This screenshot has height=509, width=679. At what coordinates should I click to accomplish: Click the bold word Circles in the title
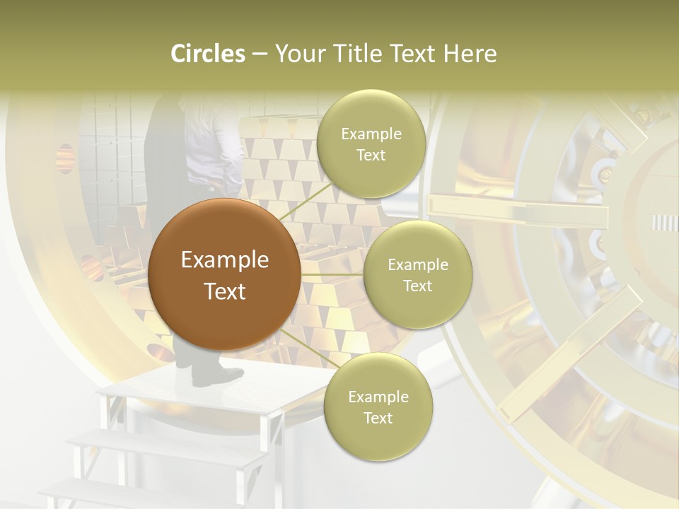[x=208, y=54]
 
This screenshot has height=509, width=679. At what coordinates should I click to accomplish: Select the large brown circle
[x=224, y=275]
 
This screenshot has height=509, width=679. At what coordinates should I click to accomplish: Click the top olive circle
[x=371, y=144]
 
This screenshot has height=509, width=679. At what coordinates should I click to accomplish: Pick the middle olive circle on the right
[x=418, y=274]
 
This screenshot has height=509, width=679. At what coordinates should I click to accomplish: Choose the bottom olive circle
[x=378, y=406]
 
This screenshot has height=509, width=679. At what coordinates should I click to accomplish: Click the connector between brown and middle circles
[x=332, y=274]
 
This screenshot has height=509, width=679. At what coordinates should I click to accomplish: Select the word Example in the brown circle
[x=224, y=260]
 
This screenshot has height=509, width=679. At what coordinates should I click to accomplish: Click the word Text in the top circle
[x=371, y=155]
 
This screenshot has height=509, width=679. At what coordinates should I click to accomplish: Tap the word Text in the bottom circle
[x=378, y=418]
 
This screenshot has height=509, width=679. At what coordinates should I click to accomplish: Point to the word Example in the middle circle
[x=418, y=264]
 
